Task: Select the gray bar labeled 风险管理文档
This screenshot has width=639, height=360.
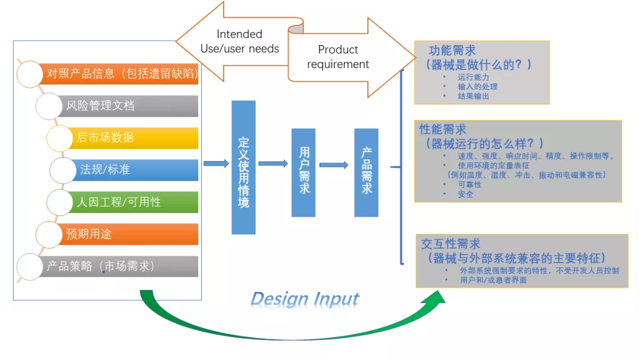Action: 127,106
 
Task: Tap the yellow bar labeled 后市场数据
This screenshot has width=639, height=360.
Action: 133,138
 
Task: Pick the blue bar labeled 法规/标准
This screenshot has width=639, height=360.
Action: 134,169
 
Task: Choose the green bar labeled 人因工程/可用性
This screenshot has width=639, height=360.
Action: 133,202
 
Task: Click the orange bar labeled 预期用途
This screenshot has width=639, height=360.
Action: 127,234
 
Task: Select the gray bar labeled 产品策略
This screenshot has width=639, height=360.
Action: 118,266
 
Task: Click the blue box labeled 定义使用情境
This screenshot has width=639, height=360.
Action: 244,168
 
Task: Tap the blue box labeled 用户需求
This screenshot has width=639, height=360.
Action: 304,173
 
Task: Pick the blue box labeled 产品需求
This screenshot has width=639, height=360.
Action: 366,173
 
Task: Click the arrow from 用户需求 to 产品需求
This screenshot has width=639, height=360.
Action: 334,165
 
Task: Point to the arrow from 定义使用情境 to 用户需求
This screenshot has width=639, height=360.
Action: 273,163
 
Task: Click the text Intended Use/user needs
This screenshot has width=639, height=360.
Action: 240,41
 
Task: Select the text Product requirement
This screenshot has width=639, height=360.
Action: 338,57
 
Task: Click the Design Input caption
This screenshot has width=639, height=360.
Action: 305,299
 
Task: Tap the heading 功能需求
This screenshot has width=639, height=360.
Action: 453,50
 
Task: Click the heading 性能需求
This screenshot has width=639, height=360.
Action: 443,129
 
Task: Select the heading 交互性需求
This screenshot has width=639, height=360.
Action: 451,244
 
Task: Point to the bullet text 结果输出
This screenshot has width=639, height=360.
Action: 473,97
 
